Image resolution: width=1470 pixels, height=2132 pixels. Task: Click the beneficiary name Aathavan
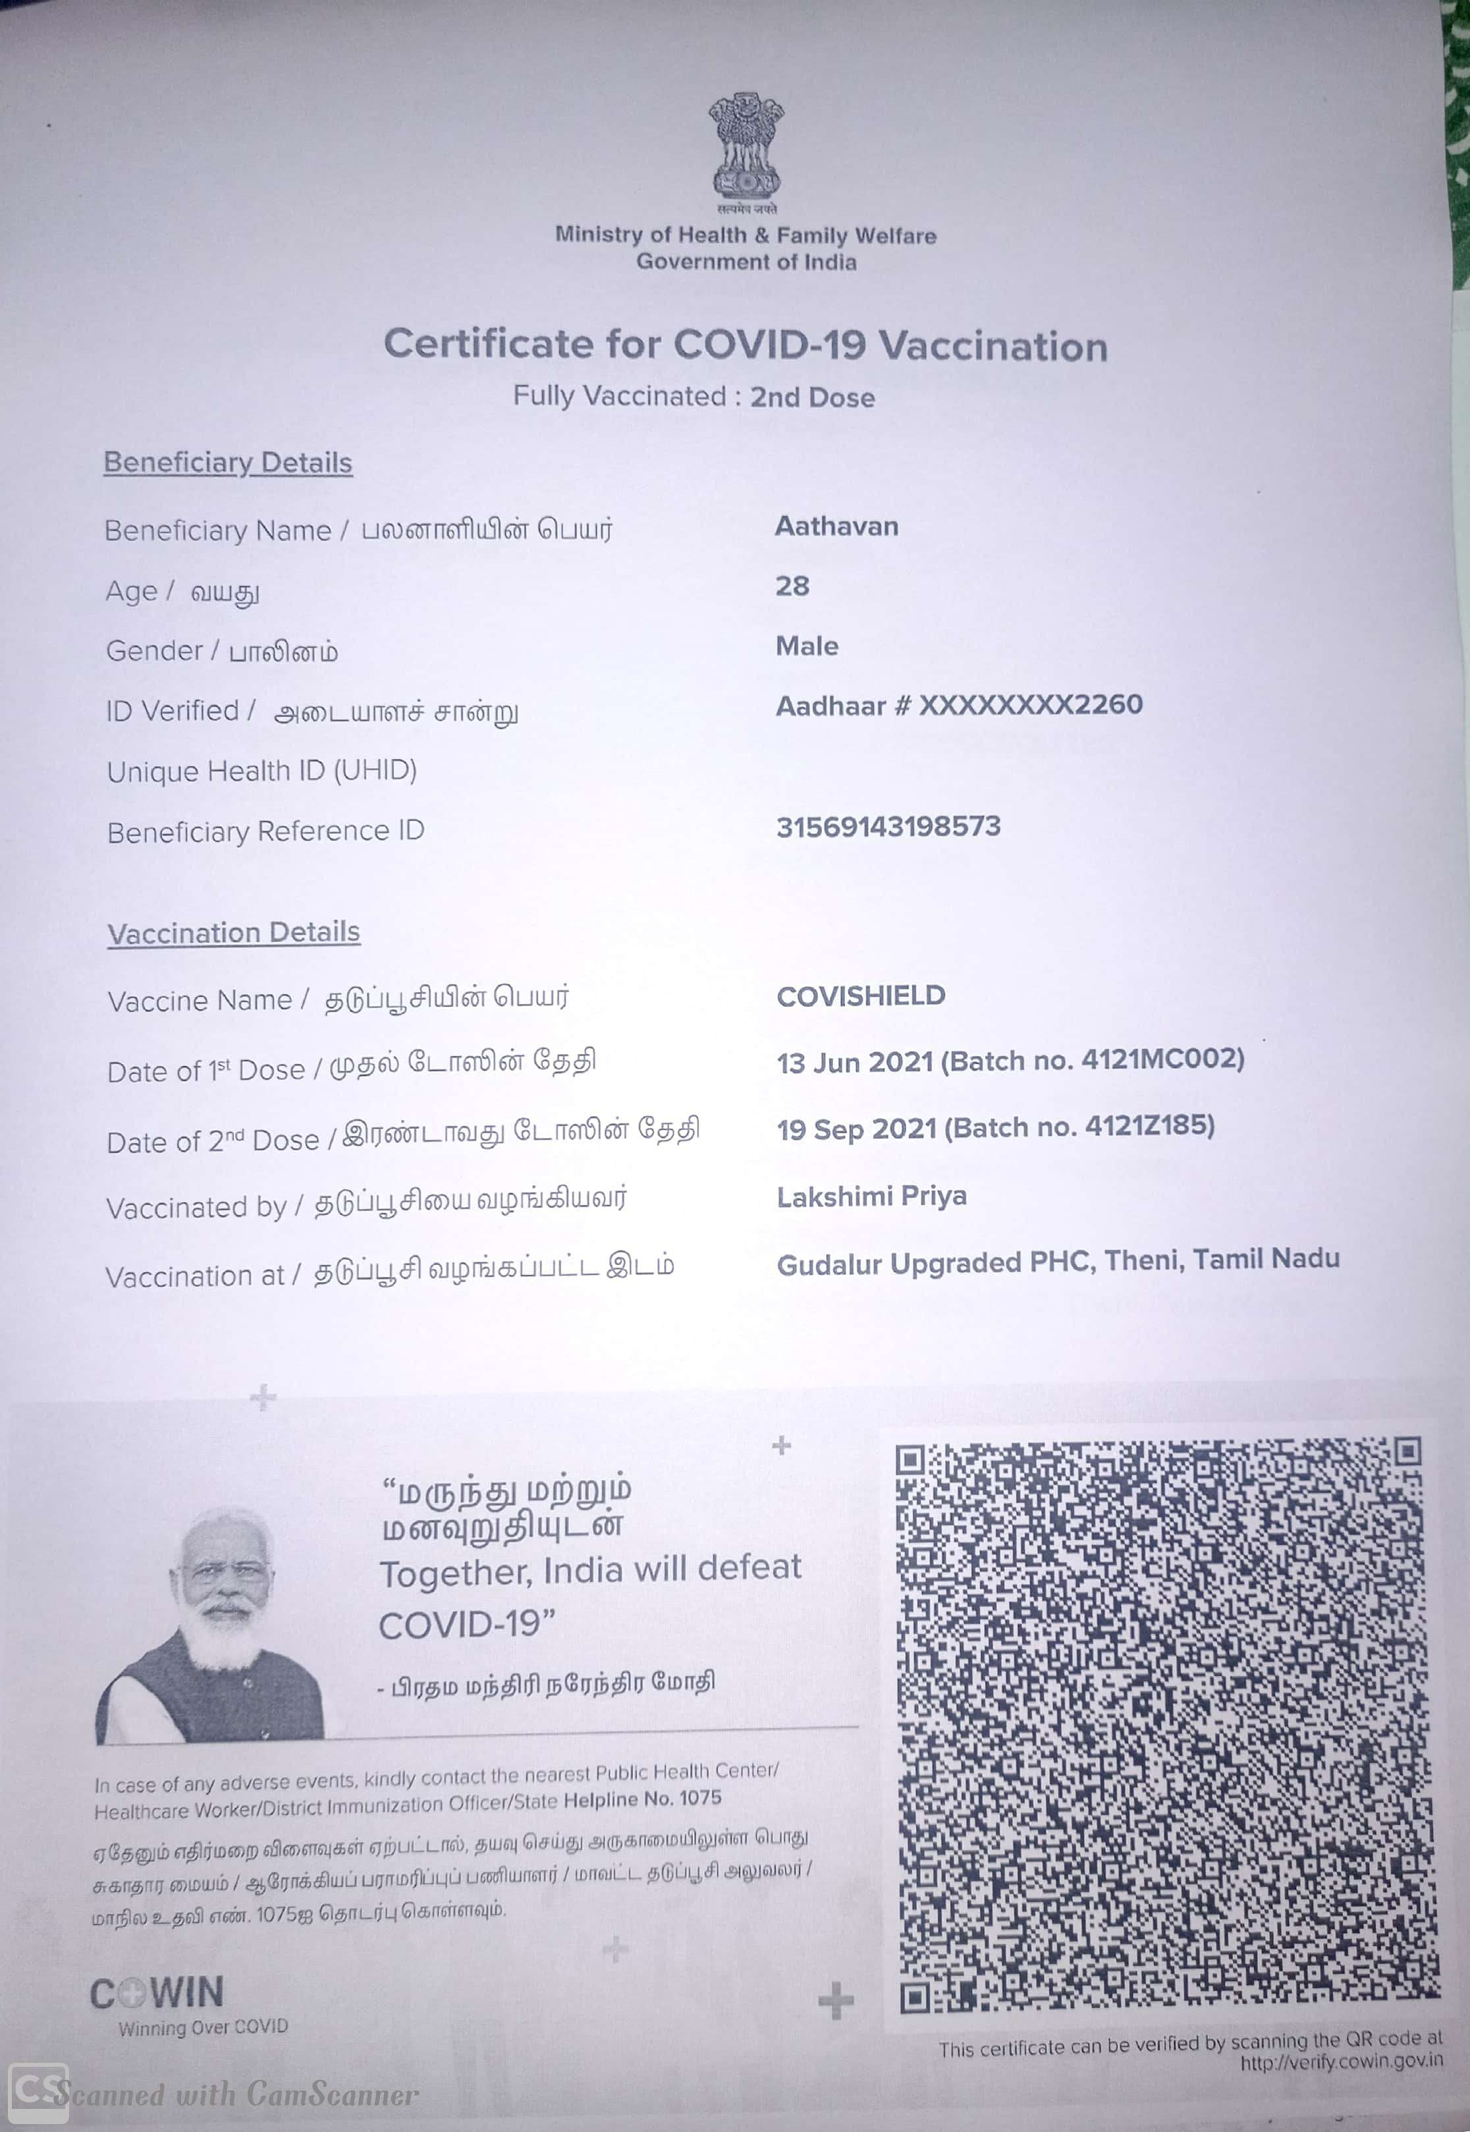pos(836,526)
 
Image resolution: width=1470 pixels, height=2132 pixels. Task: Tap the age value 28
pos(792,586)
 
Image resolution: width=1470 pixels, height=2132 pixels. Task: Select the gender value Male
pos(807,646)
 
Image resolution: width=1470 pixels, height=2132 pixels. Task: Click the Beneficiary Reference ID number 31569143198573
pos(888,826)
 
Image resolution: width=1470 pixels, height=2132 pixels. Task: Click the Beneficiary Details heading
pos(227,463)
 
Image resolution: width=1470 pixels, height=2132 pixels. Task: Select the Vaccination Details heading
pos(234,932)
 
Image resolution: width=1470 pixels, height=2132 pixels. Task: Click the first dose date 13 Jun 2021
pos(856,1062)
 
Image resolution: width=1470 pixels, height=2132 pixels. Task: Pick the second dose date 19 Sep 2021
pos(857,1129)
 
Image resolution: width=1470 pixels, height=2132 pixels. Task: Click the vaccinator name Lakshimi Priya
pos(871,1196)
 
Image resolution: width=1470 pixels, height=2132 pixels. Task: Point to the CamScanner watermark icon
pos(38,2093)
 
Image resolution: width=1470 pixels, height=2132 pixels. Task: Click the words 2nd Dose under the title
pos(811,397)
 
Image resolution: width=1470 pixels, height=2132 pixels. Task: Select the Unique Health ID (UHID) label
pos(261,770)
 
